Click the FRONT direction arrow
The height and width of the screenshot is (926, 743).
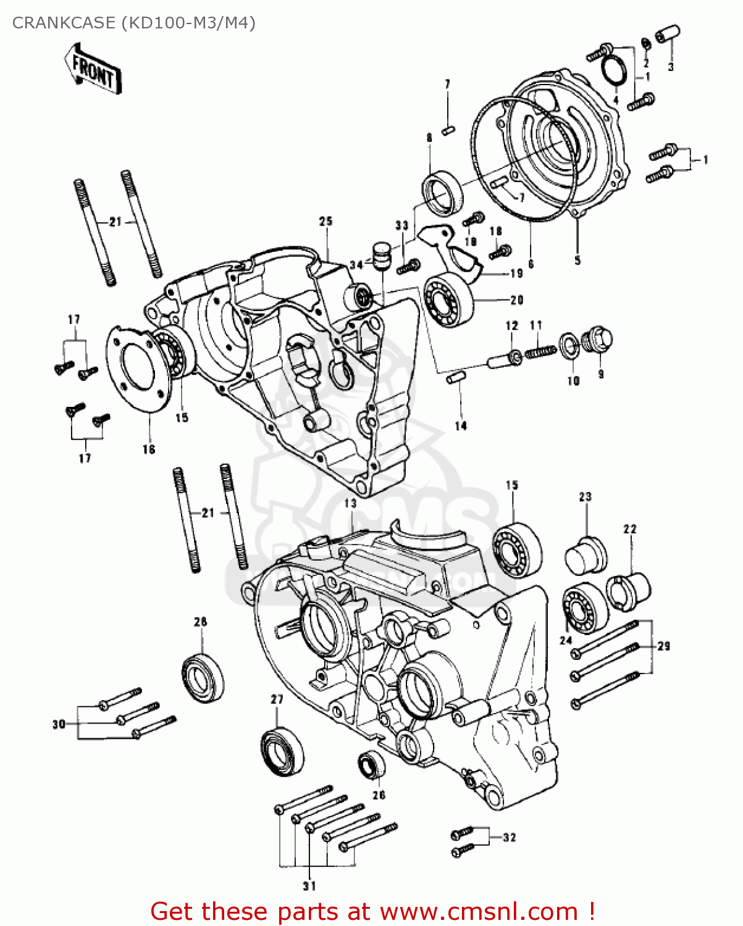tap(93, 69)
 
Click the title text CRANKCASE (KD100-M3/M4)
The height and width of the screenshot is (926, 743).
tap(133, 23)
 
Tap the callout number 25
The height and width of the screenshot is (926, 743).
tap(325, 221)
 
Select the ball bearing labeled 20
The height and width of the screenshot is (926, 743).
tap(448, 299)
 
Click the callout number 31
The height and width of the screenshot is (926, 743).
tap(309, 886)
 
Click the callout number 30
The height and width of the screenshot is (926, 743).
tap(59, 724)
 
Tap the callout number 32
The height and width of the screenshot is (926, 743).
tap(509, 838)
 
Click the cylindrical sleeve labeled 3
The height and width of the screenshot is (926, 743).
tap(668, 33)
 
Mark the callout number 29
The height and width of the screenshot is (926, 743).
tap(663, 646)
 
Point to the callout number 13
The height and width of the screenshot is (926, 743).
tap(350, 503)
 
